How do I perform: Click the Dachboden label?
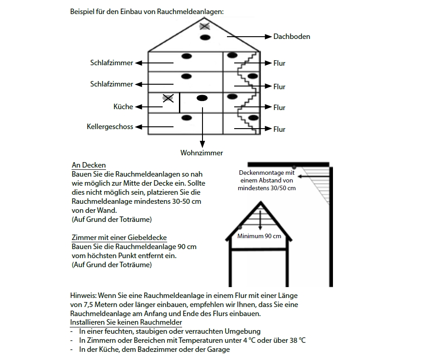[292, 37]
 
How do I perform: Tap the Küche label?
[123, 107]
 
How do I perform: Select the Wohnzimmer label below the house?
[202, 153]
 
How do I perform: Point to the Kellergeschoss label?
[110, 127]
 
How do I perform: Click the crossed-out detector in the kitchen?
[168, 98]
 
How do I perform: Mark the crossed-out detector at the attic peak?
[205, 26]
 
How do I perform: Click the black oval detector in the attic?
[205, 37]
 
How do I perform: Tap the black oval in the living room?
[202, 98]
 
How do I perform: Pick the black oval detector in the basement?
[187, 118]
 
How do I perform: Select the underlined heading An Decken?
[89, 165]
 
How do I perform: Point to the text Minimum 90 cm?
[260, 236]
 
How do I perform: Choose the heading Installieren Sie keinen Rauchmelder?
[126, 322]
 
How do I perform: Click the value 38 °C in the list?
[296, 340]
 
